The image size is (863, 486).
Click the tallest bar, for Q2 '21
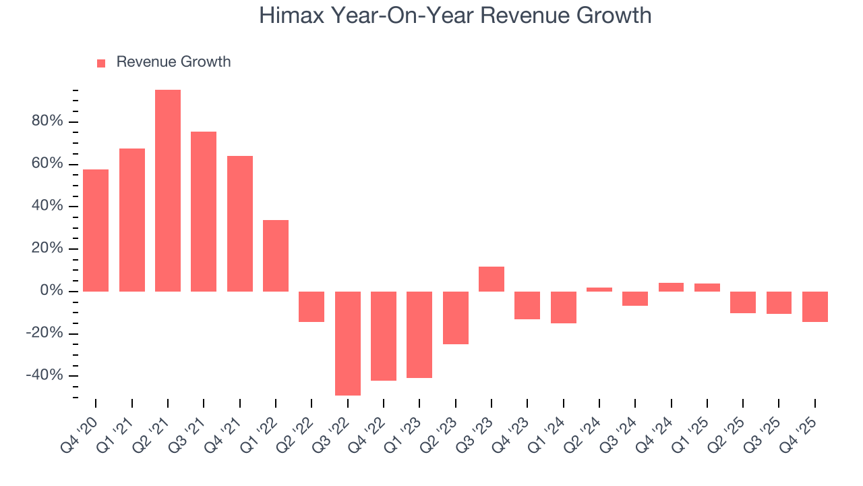168,190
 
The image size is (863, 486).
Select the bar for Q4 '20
96,230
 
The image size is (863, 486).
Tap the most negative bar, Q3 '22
348,343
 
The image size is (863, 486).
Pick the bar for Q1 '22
276,256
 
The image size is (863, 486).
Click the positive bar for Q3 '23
492,279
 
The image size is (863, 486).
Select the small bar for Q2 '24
599,290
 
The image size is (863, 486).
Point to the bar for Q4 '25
815,306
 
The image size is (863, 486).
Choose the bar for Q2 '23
456,317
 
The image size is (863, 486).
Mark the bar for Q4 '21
240,223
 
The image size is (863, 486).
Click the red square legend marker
101,63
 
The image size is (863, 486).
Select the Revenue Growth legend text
173,62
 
